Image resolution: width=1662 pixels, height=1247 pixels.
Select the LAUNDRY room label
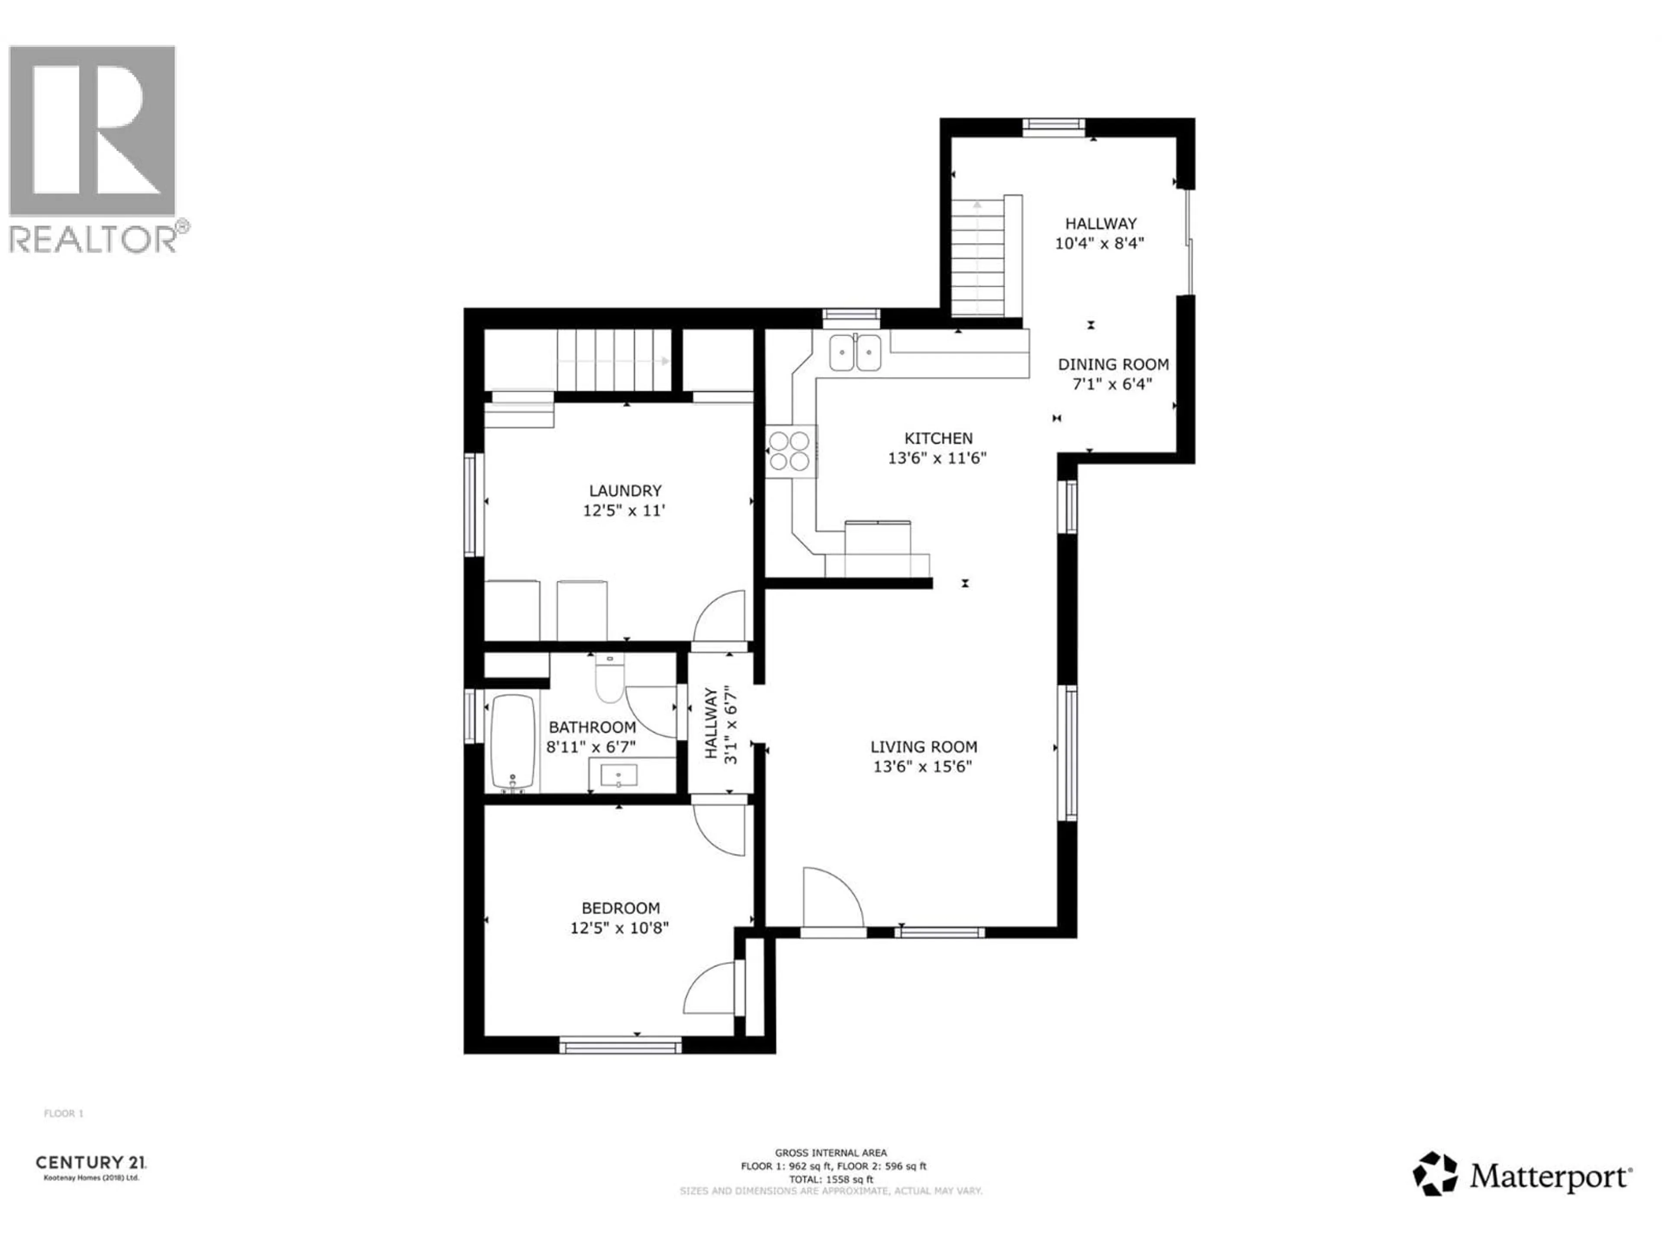pyautogui.click(x=625, y=491)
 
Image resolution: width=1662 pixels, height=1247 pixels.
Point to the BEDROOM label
pyautogui.click(x=621, y=908)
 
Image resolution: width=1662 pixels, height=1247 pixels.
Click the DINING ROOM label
pyautogui.click(x=1113, y=365)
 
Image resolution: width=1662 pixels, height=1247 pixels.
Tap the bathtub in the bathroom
pyautogui.click(x=513, y=742)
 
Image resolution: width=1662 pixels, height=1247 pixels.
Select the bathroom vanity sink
pyautogui.click(x=618, y=775)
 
